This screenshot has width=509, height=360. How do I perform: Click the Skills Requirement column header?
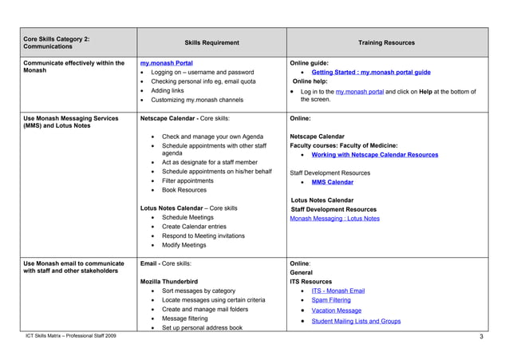211,42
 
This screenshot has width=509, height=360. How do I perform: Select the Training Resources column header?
387,42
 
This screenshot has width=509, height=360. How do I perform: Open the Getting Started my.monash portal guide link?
371,72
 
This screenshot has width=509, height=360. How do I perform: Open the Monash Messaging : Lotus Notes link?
334,218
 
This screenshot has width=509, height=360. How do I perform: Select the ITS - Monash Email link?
337,291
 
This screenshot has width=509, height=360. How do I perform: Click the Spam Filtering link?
330,300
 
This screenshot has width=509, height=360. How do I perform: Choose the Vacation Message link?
336,311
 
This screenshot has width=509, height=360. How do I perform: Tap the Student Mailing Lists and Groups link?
356,321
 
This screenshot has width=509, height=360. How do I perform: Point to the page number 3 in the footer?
482,336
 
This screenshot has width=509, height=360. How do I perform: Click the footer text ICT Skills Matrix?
70,336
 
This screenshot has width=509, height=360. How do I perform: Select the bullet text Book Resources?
183,190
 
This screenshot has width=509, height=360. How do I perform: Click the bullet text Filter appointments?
187,180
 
